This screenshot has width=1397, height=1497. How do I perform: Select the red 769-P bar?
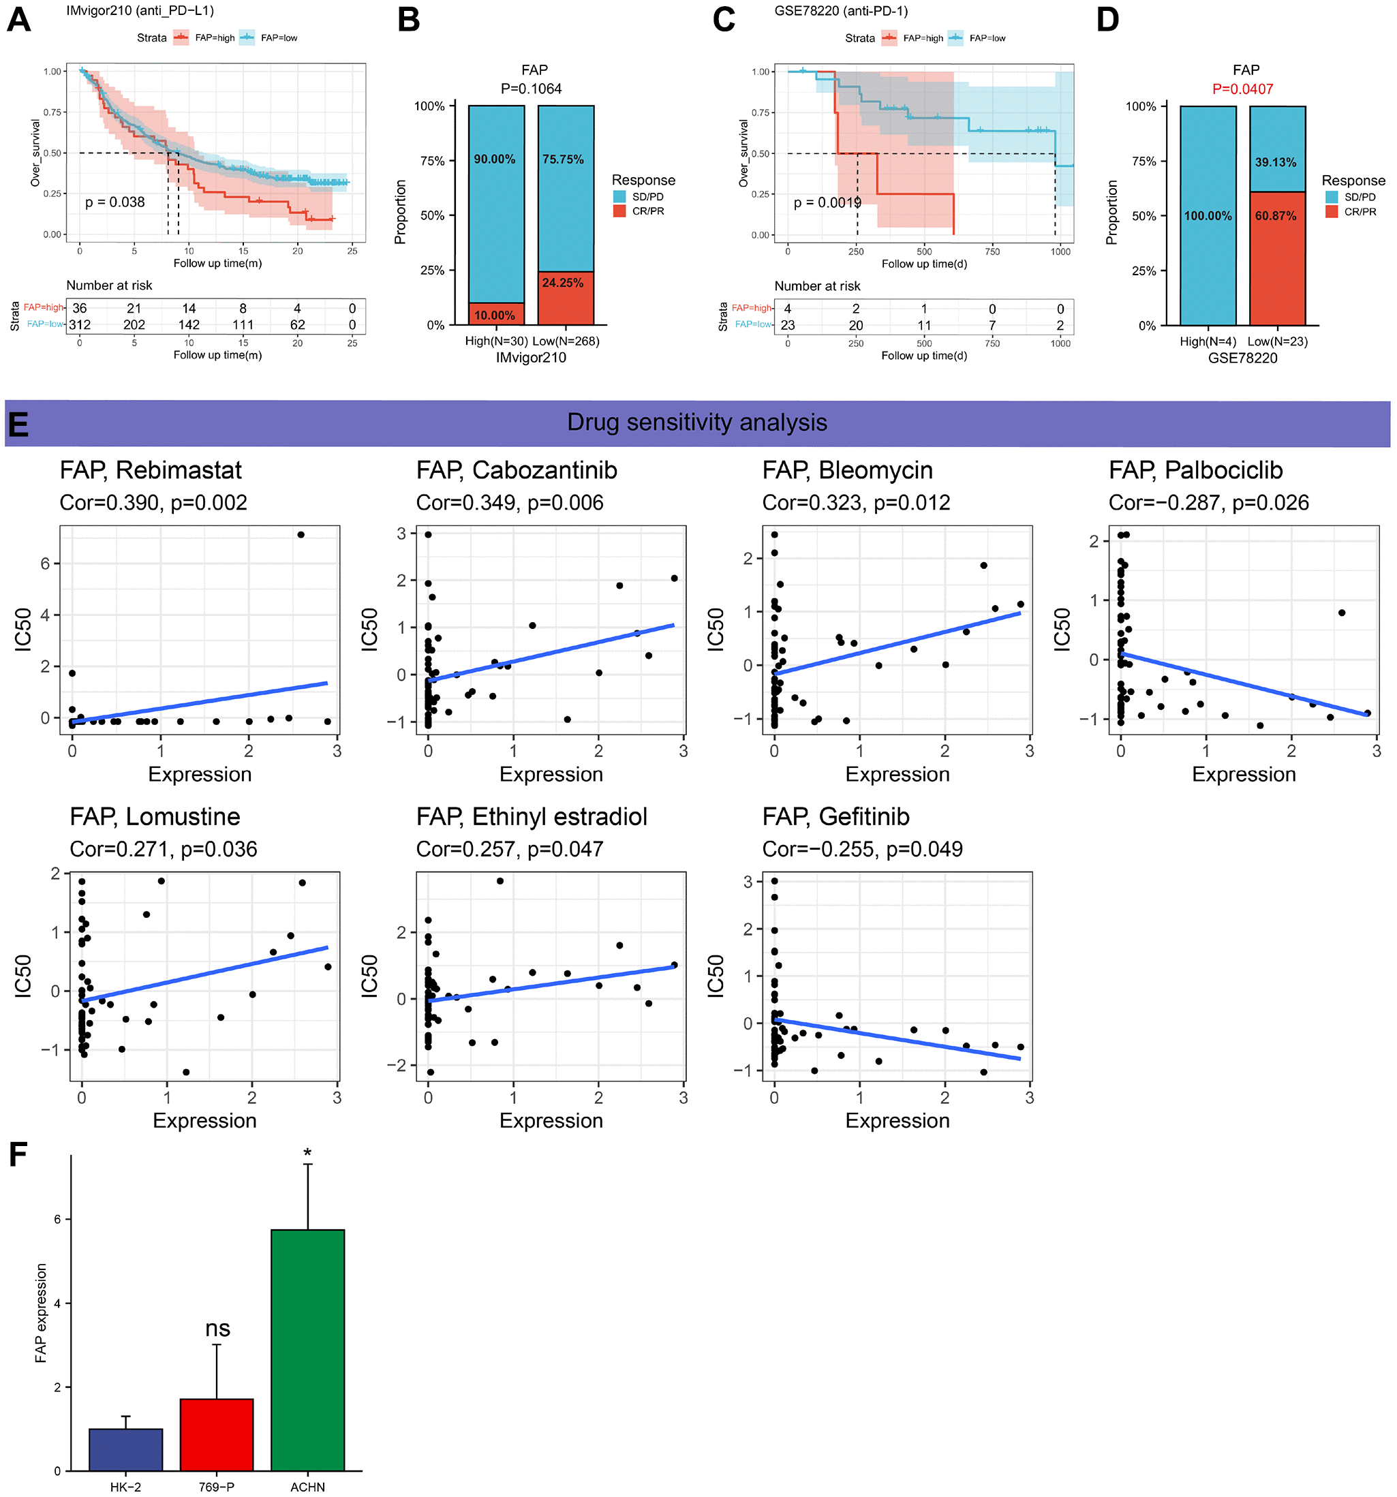click(x=217, y=1434)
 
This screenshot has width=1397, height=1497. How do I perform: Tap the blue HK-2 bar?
click(x=126, y=1449)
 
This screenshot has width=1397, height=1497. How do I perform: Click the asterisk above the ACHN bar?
click(x=307, y=1153)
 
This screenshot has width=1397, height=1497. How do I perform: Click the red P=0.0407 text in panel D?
click(x=1242, y=89)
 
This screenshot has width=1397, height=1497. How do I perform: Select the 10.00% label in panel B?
click(x=495, y=315)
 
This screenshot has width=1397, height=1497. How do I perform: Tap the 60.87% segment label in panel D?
click(x=1276, y=216)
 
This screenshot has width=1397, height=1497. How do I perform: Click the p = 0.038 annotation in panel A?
click(x=114, y=202)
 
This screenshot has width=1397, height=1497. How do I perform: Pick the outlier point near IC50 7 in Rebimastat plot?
click(x=301, y=535)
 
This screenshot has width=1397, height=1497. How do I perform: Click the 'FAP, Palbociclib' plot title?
click(x=1195, y=470)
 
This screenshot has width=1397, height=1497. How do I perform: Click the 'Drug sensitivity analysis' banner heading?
click(x=696, y=422)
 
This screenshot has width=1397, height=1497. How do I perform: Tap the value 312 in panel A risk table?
click(x=80, y=324)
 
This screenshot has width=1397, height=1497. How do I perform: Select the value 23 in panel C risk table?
click(x=788, y=325)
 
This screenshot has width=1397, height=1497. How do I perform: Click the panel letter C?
click(x=724, y=20)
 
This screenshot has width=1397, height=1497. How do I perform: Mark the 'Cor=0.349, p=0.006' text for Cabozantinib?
click(x=510, y=502)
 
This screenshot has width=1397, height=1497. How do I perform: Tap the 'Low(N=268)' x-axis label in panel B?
click(x=566, y=341)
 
